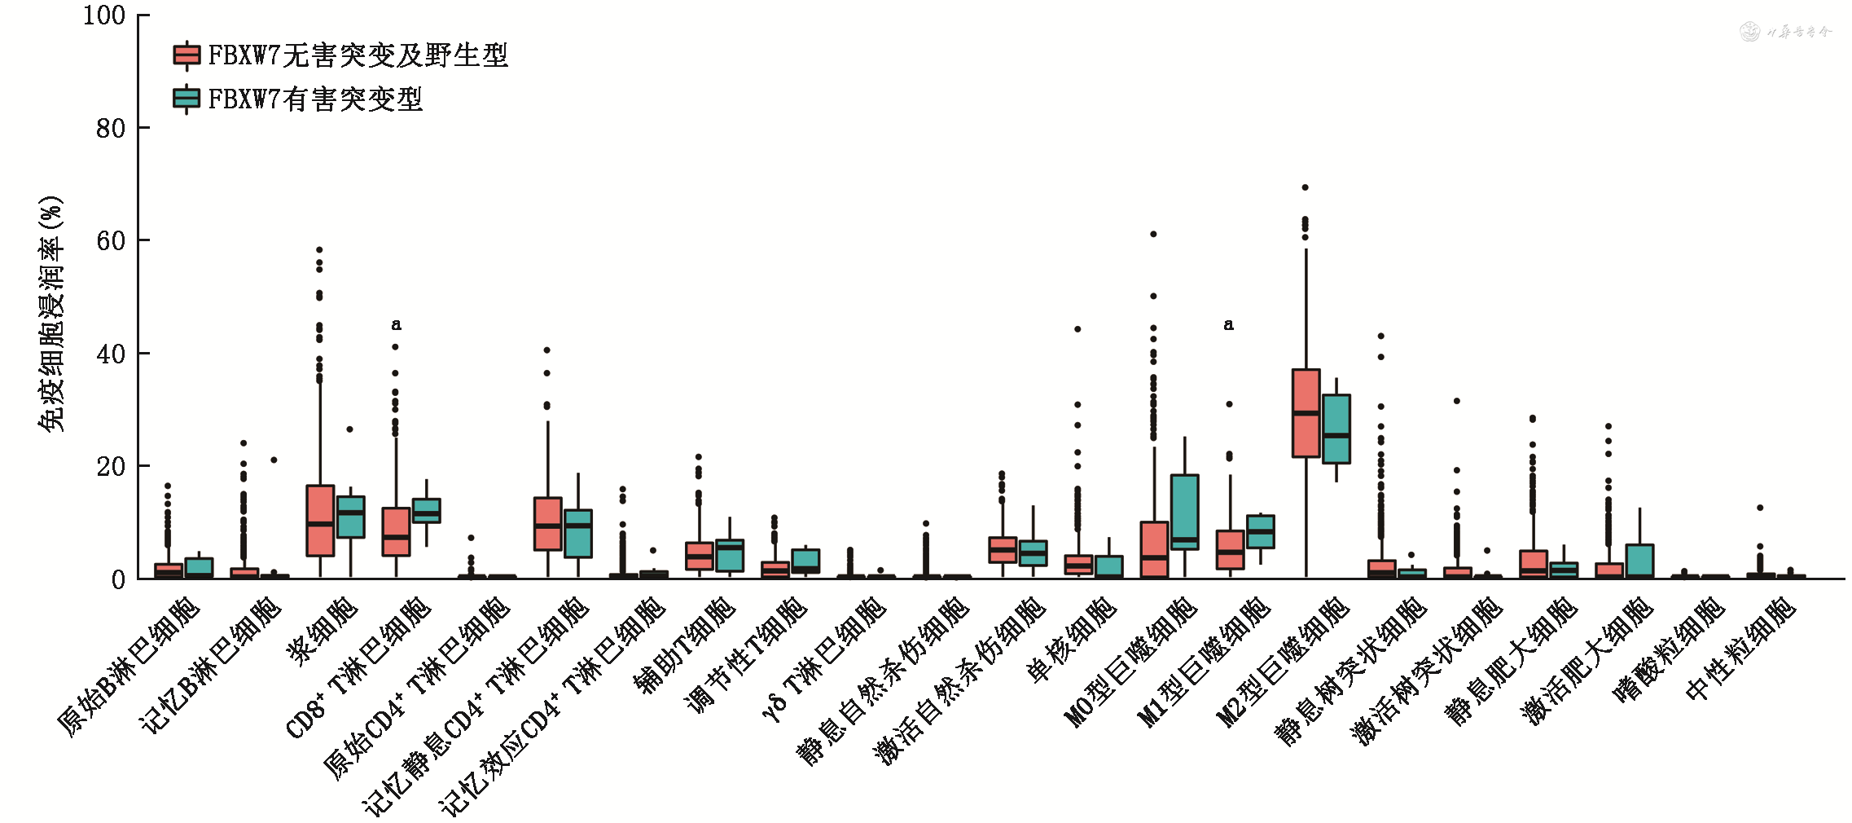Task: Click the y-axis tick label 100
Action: pyautogui.click(x=104, y=15)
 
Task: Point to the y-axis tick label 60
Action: pyautogui.click(x=111, y=241)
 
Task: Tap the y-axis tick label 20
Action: pyautogui.click(x=111, y=467)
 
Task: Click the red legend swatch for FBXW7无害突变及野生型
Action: pyautogui.click(x=187, y=55)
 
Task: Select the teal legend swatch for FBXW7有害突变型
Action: pyautogui.click(x=187, y=99)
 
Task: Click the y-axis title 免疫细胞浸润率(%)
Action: pyautogui.click(x=50, y=314)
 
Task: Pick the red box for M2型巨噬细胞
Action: pyautogui.click(x=1306, y=413)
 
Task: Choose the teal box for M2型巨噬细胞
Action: pyautogui.click(x=1336, y=429)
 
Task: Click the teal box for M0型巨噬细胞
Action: pyautogui.click(x=1184, y=512)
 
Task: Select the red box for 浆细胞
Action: pyautogui.click(x=320, y=521)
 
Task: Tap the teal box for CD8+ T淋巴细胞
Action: pyautogui.click(x=426, y=511)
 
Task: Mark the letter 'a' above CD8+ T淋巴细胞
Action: pyautogui.click(x=396, y=324)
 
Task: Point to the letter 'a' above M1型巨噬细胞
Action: pyautogui.click(x=1228, y=324)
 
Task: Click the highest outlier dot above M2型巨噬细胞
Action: pyautogui.click(x=1305, y=187)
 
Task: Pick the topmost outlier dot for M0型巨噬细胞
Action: pyautogui.click(x=1153, y=235)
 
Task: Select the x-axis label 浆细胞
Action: pyautogui.click(x=322, y=632)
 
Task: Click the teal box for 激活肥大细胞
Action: pyautogui.click(x=1639, y=561)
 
